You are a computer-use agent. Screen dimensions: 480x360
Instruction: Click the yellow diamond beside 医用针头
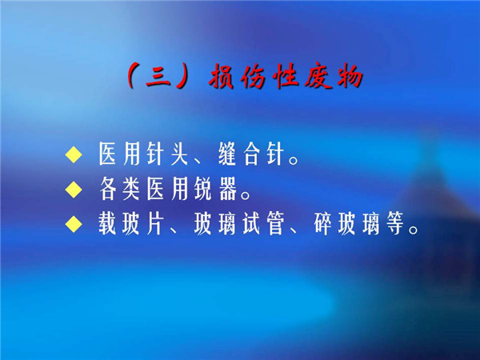click(74, 154)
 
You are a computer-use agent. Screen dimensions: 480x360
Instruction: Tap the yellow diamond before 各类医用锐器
click(74, 189)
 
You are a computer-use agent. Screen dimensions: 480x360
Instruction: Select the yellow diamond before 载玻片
click(74, 224)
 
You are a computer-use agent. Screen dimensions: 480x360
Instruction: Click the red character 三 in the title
click(158, 77)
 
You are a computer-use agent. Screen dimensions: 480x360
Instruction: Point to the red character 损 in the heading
click(222, 76)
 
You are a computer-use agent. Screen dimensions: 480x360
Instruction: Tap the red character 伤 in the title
click(253, 76)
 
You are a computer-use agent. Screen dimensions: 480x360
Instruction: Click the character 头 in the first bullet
click(179, 154)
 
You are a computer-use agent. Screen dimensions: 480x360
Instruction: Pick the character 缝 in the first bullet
click(227, 154)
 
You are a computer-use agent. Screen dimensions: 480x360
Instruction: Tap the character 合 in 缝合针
click(252, 154)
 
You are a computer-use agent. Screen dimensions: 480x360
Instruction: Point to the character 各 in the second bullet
click(107, 189)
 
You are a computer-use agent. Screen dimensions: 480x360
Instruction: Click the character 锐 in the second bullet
click(203, 189)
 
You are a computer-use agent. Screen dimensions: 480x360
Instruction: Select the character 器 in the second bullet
click(228, 189)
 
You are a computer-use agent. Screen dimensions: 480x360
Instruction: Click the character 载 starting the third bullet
click(107, 224)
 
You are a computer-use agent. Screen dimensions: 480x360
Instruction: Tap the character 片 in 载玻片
click(155, 224)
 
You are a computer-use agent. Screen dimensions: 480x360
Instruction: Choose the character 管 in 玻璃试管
click(275, 224)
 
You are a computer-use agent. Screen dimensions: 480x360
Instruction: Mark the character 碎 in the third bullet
click(323, 224)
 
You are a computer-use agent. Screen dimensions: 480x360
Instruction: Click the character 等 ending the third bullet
click(395, 224)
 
